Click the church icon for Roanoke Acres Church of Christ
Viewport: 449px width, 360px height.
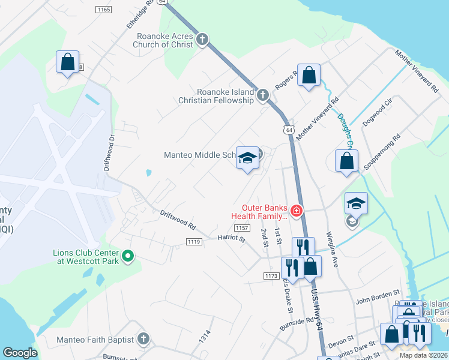click(x=202, y=40)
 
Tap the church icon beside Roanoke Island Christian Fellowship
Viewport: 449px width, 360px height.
click(x=262, y=95)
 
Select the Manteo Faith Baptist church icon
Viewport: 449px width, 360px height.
click(x=142, y=340)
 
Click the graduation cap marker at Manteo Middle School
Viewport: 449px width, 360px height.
click(x=247, y=158)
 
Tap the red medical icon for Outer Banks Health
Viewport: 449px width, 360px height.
click(x=296, y=211)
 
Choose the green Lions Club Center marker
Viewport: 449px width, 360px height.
click(x=127, y=257)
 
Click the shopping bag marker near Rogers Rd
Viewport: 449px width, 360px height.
click(x=309, y=76)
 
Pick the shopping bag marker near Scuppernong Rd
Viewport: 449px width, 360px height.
click(x=347, y=161)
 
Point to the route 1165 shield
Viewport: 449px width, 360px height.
click(x=103, y=10)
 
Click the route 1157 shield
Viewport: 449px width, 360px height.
click(x=242, y=227)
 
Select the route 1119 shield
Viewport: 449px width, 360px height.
click(x=193, y=241)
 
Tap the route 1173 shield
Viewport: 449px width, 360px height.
click(x=271, y=275)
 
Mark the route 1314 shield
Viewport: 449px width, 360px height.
click(x=205, y=337)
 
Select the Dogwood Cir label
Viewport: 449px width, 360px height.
click(x=377, y=113)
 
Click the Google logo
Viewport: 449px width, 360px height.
click(x=20, y=353)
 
